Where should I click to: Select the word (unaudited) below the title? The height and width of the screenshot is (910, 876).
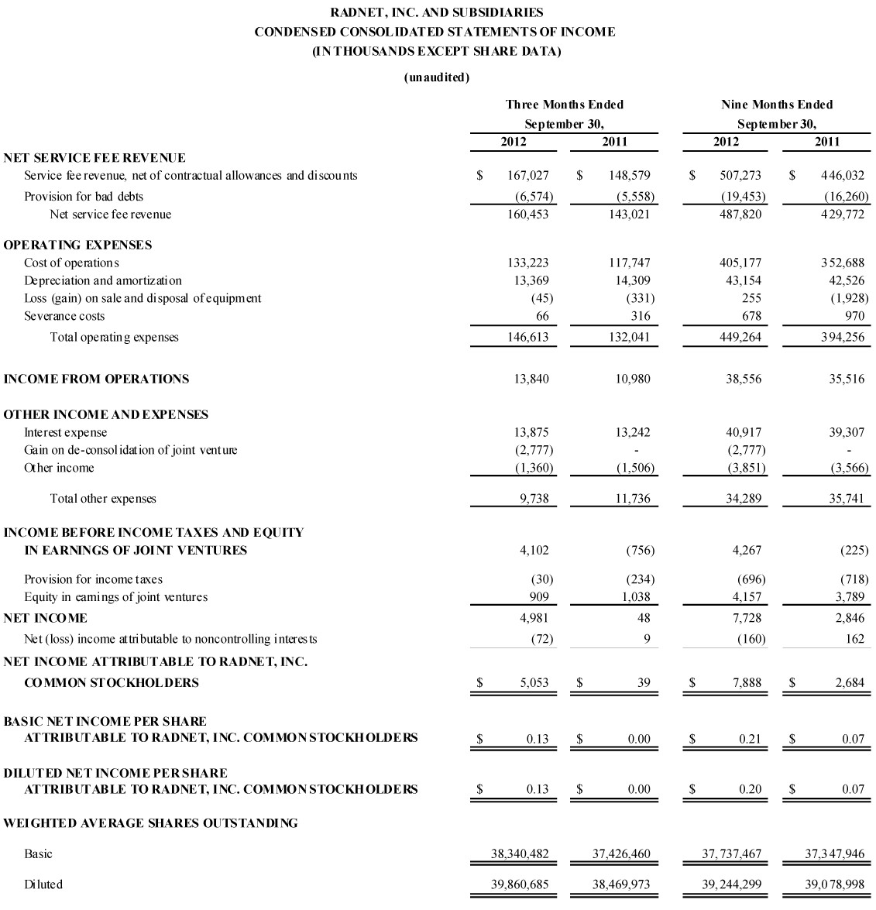coord(437,77)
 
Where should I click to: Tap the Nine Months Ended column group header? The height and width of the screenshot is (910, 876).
coord(776,105)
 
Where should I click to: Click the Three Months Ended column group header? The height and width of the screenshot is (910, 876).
coord(564,105)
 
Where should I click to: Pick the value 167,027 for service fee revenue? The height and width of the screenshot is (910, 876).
coord(527,176)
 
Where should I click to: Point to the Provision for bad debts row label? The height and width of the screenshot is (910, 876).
coord(84,196)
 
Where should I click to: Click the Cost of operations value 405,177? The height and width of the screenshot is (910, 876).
coord(740,263)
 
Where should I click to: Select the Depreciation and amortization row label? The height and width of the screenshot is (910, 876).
coord(103,280)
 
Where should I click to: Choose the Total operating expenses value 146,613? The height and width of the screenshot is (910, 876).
coord(527,337)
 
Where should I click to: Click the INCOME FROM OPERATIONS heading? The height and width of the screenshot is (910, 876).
coord(96,379)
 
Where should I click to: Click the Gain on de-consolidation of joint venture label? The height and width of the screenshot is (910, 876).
coord(131,450)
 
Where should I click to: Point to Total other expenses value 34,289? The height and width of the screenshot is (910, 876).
coord(743,499)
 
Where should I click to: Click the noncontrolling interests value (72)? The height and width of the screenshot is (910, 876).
coord(539,639)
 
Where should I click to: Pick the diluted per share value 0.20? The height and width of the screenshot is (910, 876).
coord(750,789)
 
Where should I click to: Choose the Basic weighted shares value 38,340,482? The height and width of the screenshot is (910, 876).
coord(520,854)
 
